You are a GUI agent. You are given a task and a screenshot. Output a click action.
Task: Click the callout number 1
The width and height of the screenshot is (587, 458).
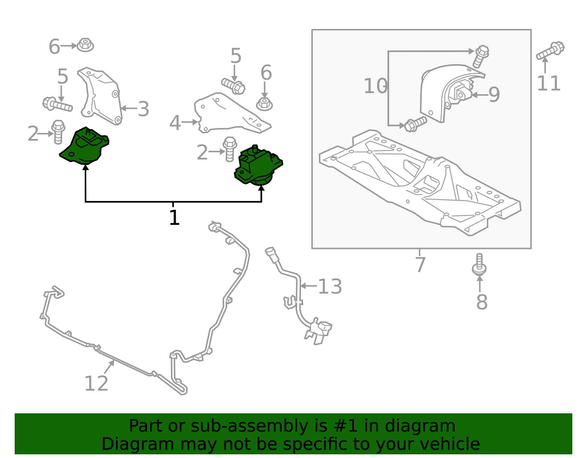pos(174,218)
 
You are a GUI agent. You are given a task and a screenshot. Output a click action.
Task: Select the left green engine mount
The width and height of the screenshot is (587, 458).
pos(85,146)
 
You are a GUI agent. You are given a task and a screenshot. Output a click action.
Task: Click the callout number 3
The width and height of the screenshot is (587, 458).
pos(143,109)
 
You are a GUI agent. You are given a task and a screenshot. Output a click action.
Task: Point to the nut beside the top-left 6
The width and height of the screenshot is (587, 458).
pos(85,45)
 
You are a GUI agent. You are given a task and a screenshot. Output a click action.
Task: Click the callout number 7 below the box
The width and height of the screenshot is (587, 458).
pos(420,264)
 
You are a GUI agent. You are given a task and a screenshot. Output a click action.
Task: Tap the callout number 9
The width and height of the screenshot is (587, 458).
pos(494,95)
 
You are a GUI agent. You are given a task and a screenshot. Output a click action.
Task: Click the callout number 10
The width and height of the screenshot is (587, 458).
pos(375,87)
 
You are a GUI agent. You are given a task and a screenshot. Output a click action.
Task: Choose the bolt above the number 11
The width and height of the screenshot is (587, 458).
pos(550,51)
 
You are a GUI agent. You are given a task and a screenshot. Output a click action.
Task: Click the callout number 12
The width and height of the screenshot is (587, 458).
pos(96,384)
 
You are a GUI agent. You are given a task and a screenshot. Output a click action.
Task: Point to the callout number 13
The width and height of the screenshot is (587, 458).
pos(330,287)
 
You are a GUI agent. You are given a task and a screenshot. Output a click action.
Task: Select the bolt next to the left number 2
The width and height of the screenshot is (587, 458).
pos(58,131)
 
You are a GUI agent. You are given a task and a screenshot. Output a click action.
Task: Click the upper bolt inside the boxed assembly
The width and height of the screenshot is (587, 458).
pos(481,56)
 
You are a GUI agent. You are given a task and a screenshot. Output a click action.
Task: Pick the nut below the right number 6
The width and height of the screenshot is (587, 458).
pos(265,104)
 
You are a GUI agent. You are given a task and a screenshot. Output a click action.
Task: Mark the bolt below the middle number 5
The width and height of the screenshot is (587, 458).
pos(233,86)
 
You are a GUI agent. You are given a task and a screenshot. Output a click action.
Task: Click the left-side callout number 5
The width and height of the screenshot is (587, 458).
pos(63,77)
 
